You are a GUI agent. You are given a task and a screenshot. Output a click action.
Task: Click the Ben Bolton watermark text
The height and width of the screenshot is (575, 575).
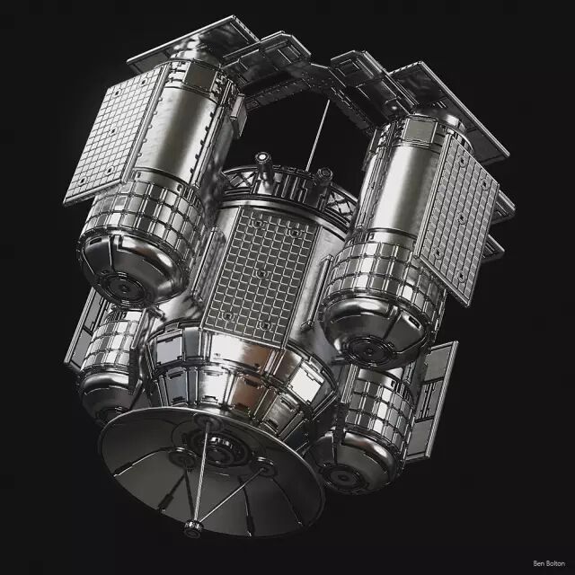pyautogui.click(x=549, y=563)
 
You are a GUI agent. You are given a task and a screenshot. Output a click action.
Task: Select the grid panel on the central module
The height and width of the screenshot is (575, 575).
pyautogui.click(x=261, y=274)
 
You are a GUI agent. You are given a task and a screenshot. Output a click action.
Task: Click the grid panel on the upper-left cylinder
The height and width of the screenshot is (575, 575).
pyautogui.click(x=115, y=133)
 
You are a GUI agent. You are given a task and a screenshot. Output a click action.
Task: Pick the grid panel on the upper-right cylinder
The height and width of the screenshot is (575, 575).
pyautogui.click(x=458, y=220)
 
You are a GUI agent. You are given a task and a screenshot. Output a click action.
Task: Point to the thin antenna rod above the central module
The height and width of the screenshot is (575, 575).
pyautogui.click(x=317, y=135)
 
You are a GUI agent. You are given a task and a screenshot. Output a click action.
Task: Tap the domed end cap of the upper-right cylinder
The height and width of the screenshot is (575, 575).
pyautogui.click(x=374, y=334)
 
